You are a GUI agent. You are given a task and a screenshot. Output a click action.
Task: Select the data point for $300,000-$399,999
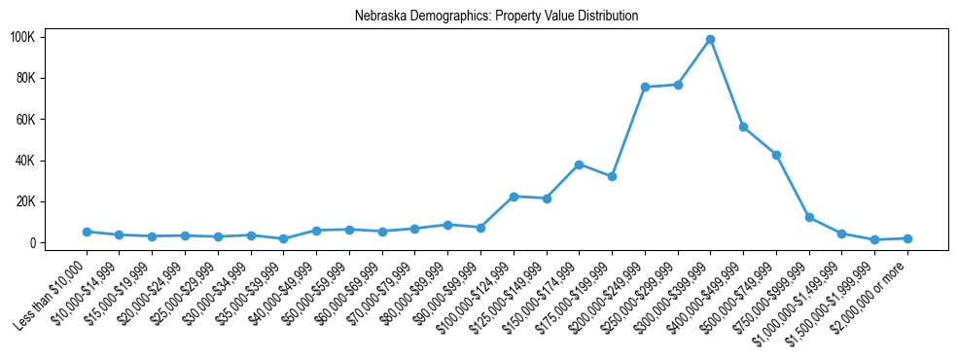(711, 39)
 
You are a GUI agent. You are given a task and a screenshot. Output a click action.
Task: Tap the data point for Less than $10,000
(87, 232)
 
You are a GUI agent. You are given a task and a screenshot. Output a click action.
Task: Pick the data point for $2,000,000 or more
(907, 238)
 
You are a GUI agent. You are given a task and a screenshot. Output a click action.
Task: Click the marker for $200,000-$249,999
(645, 87)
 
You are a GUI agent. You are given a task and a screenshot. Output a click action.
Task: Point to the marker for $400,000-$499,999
(743, 126)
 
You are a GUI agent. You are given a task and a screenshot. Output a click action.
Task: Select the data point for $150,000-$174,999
(579, 164)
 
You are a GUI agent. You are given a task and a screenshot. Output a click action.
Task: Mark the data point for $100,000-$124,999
(514, 197)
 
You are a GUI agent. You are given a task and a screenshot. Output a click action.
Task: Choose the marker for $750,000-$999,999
(809, 217)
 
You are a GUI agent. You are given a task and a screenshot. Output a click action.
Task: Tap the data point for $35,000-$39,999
(283, 238)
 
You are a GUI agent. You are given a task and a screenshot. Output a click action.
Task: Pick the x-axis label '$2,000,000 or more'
(872, 288)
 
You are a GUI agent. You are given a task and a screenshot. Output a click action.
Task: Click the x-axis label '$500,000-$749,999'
(742, 288)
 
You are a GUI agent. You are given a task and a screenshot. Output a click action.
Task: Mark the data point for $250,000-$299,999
(678, 85)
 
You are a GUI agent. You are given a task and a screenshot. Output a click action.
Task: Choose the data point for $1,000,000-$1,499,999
(841, 234)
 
